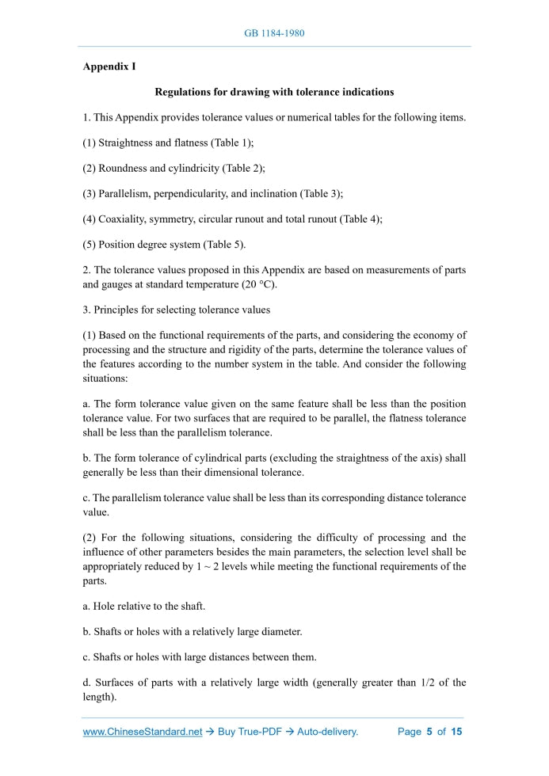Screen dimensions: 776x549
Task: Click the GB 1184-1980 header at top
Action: (274, 33)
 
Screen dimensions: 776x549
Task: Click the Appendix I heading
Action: (109, 67)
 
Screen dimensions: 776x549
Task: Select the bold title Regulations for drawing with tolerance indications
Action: (274, 92)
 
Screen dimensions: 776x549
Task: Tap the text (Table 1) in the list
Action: (231, 143)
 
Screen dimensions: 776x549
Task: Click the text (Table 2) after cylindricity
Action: (243, 168)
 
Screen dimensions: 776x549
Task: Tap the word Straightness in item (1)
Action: (124, 143)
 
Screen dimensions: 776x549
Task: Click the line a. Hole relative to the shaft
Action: (144, 606)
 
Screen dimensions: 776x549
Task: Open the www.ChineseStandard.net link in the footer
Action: (143, 732)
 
